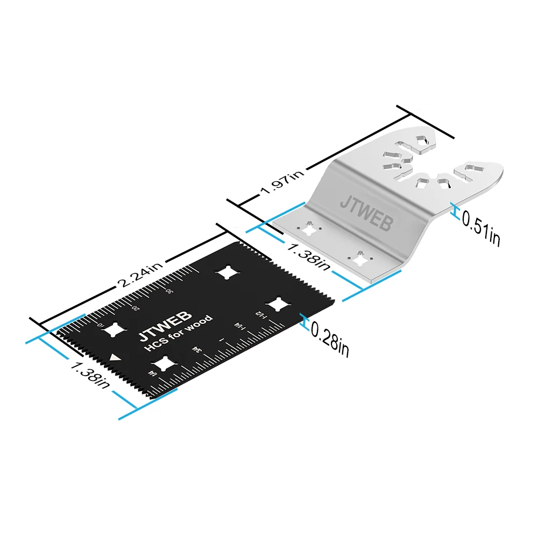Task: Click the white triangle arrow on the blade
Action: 114,357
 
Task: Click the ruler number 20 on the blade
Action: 136,308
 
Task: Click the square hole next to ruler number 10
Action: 114,330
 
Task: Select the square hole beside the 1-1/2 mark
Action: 278,304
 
